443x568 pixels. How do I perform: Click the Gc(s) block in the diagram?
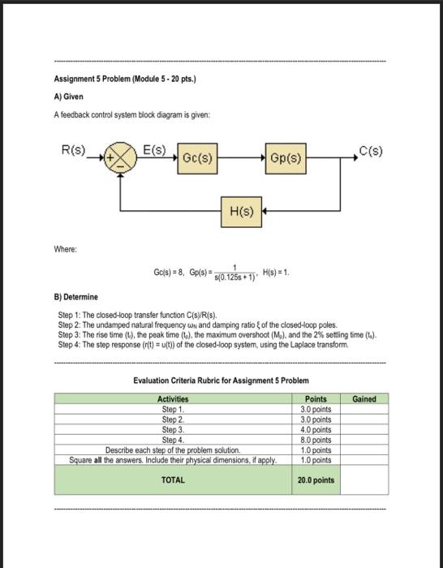click(x=198, y=157)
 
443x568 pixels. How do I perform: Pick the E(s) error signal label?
click(x=154, y=150)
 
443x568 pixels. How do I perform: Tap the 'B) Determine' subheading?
click(x=77, y=298)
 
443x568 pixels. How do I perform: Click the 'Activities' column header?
click(x=172, y=399)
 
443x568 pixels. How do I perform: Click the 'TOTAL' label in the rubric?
click(x=173, y=480)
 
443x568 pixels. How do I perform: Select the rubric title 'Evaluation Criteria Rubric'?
click(x=221, y=381)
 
